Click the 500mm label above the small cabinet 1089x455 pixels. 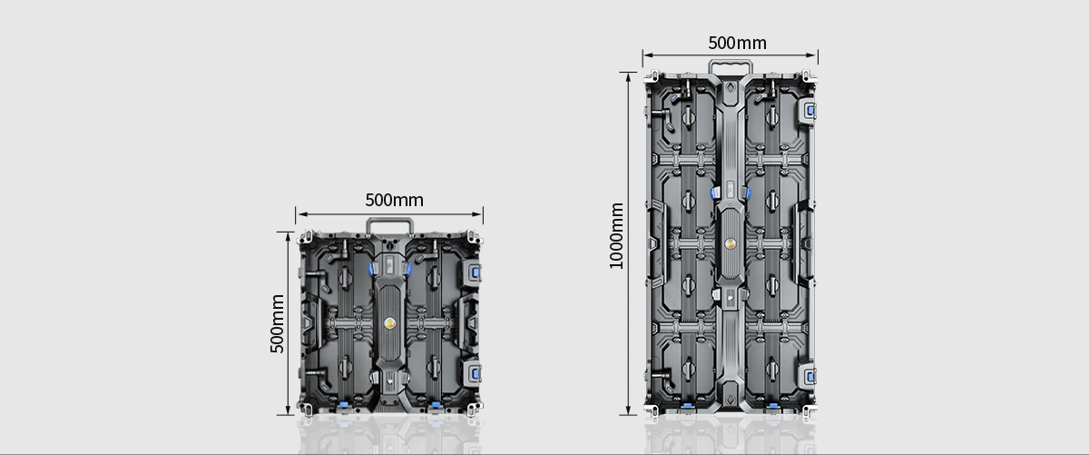394,200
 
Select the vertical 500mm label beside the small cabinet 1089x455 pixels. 277,323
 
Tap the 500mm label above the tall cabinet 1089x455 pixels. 737,43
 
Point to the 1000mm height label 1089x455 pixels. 616,236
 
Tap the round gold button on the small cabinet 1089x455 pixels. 389,323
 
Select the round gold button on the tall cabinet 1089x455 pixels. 730,243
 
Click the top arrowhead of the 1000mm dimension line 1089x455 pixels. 628,77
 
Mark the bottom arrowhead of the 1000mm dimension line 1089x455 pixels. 628,410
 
